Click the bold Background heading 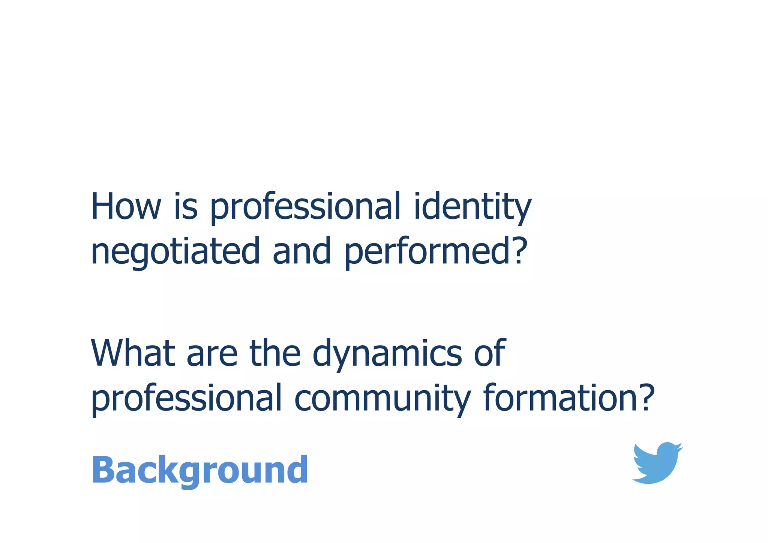199,471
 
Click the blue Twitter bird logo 657,463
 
